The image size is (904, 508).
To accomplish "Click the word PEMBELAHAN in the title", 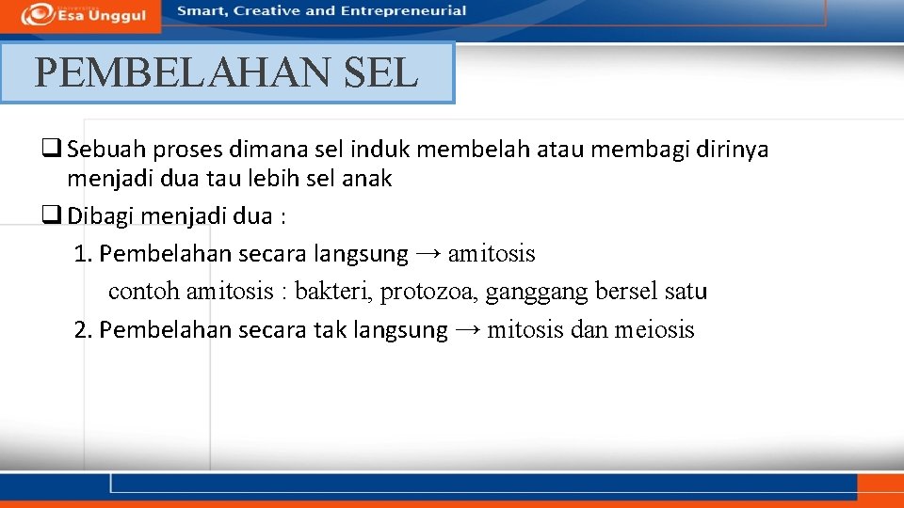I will pyautogui.click(x=184, y=72).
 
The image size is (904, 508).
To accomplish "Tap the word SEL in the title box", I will pyautogui.click(x=381, y=72).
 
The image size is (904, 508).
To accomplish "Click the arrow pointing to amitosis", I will pyautogui.click(x=428, y=254).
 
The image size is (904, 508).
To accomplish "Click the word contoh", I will pyautogui.click(x=143, y=292).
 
